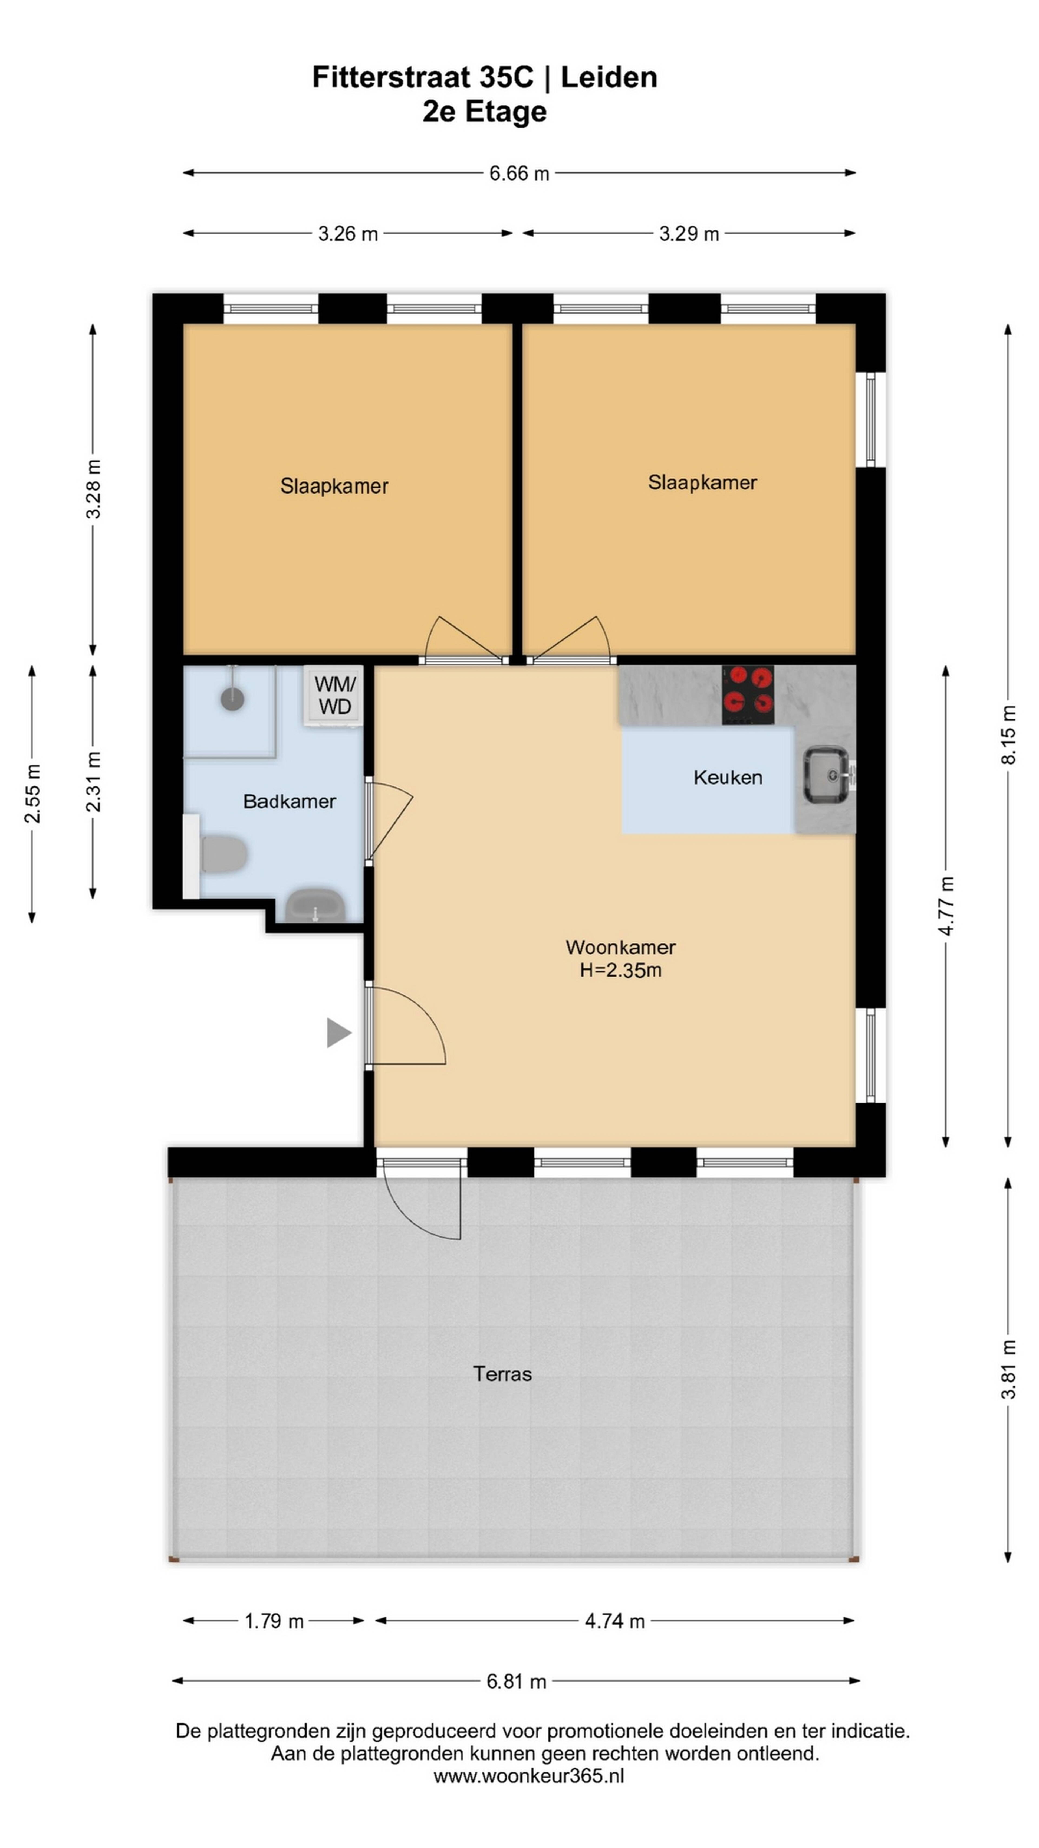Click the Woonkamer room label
pos(620,947)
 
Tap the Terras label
pos(502,1374)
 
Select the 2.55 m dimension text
pos(32,794)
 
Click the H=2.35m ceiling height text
pos(620,970)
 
